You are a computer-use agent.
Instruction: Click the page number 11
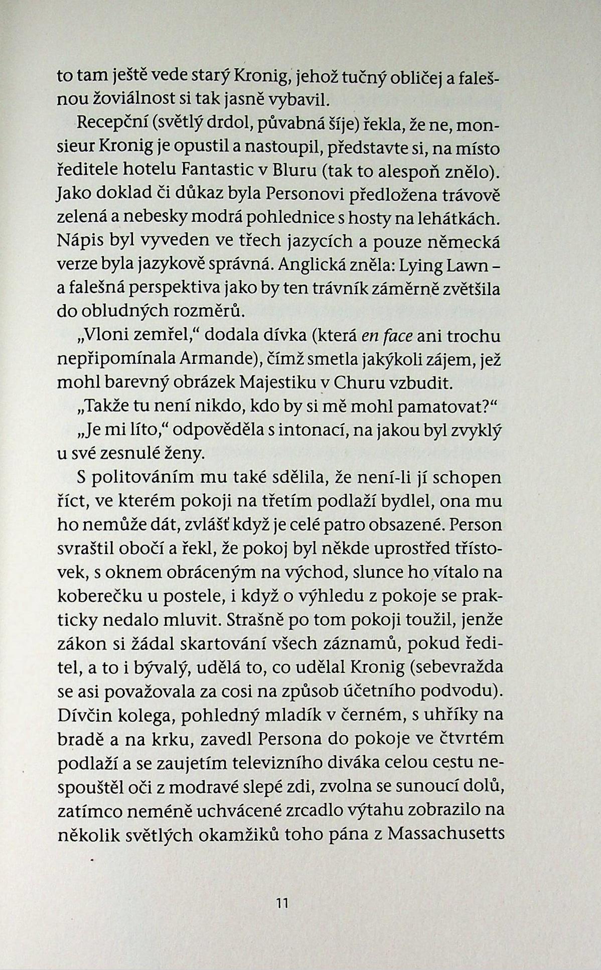pos(282,903)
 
